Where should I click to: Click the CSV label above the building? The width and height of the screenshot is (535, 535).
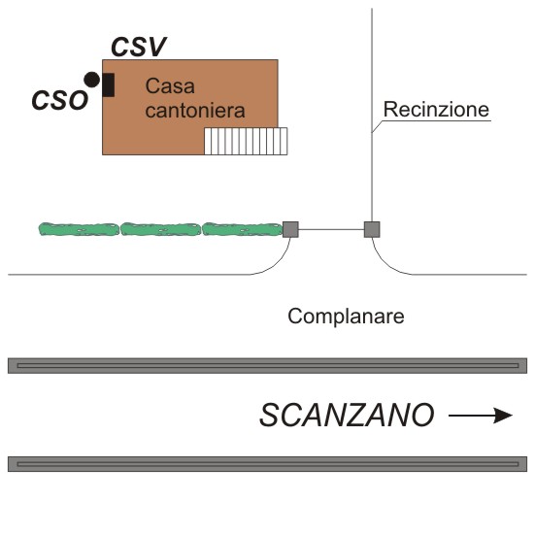point(139,47)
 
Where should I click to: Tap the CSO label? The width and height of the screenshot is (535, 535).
point(60,100)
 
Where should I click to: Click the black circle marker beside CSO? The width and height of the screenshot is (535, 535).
point(92,80)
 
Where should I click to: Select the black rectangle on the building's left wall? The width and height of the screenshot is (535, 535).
point(108,84)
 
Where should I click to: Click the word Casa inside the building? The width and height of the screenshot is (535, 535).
point(170,85)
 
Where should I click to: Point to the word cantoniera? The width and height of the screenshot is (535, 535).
point(195,111)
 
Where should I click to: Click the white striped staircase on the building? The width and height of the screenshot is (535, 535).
point(246,141)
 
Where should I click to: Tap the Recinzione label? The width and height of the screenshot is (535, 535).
point(436,109)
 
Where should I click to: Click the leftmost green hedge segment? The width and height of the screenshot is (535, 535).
point(79,229)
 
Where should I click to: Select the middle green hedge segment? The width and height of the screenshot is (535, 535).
point(160,229)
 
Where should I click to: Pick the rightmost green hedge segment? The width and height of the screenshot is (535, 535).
point(243,229)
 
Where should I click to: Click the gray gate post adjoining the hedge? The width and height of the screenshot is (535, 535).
point(290,229)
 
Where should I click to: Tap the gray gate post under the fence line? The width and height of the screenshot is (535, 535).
point(372,229)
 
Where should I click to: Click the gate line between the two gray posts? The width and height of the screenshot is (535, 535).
point(331,229)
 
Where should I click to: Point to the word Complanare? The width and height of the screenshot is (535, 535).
point(346,317)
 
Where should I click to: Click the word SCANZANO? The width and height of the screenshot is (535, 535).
point(347,415)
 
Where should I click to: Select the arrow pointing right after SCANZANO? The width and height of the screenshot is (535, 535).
point(481,416)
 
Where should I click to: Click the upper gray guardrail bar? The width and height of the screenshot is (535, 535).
point(268,366)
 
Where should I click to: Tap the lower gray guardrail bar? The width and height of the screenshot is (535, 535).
point(268,464)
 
